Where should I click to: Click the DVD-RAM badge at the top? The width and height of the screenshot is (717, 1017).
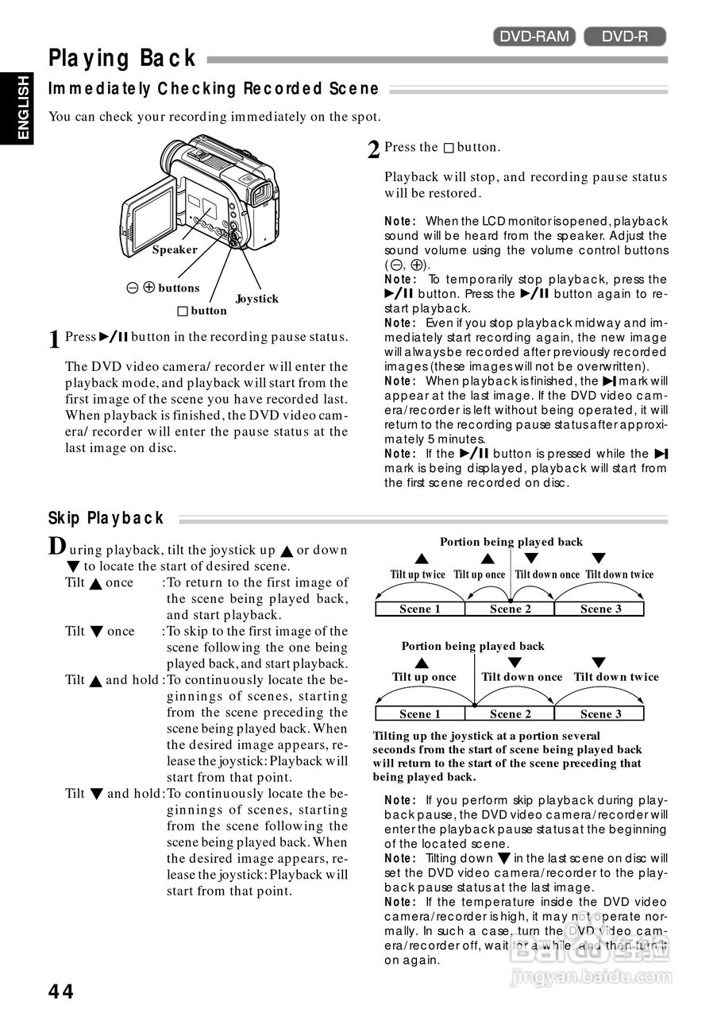coord(533,36)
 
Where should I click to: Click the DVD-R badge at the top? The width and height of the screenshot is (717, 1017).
coord(625,36)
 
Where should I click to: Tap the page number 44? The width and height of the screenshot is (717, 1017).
coord(61,991)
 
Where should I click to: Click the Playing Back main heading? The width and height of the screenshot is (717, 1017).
coord(122,59)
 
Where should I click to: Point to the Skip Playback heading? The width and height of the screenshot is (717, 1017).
coord(106,519)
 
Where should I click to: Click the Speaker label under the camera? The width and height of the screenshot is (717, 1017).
coord(175,249)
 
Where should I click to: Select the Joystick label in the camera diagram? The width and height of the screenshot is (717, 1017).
coord(256,299)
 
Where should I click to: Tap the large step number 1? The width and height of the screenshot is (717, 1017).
coord(54,340)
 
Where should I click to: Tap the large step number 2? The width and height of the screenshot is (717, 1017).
coord(373,149)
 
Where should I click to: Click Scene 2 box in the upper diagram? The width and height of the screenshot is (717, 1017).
coord(510,609)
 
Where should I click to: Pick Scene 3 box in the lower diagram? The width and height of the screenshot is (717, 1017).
coord(600,713)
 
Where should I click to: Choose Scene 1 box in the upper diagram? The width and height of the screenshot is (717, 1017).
coord(419,609)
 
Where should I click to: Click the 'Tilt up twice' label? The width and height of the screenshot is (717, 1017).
coord(418,574)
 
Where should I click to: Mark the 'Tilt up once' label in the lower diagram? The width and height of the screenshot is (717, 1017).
coord(424,677)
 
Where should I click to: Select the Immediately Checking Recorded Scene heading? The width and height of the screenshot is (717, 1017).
coord(214,89)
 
